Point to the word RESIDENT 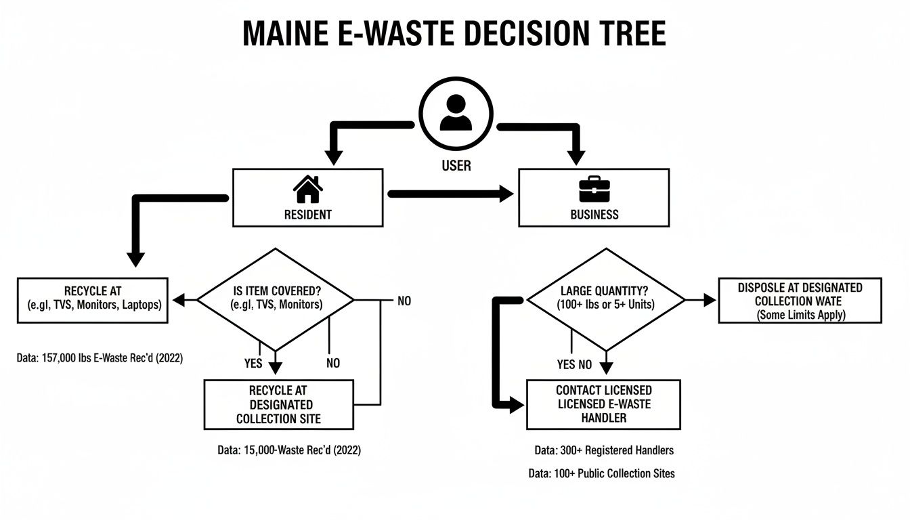tap(308, 215)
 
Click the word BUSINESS tap(594, 215)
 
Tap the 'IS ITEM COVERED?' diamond tap(275, 299)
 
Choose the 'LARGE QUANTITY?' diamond tap(606, 299)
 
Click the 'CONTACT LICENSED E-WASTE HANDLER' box tap(603, 404)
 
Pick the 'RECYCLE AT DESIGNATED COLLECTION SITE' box tap(278, 404)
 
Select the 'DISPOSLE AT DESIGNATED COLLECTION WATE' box tap(800, 301)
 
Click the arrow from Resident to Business tap(451, 194)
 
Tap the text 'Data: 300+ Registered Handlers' tap(603, 450)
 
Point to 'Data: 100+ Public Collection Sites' tap(601, 474)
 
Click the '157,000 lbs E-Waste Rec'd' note tap(100, 358)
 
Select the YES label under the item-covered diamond tap(253, 364)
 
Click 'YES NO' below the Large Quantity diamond tap(574, 365)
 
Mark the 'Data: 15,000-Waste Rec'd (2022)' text tap(289, 450)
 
